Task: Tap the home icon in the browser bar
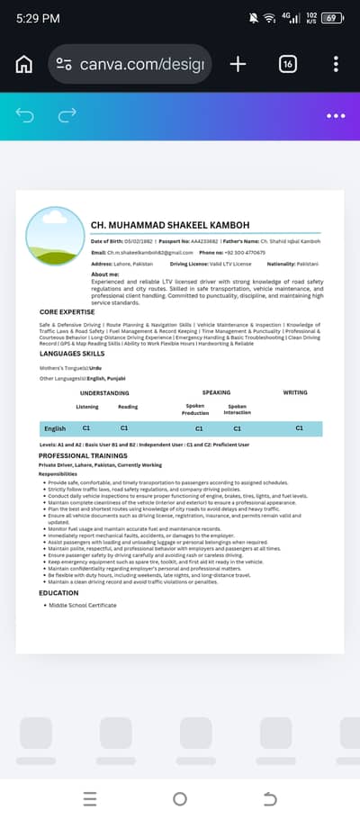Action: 24,64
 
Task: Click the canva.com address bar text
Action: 142,64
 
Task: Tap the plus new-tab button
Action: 238,64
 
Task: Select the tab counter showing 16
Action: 288,64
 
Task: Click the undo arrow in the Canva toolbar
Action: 25,115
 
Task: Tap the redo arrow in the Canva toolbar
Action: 67,115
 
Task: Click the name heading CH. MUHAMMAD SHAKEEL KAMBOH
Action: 170,224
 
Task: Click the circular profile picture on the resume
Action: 56,237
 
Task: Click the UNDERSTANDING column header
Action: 104,392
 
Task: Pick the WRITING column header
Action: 295,392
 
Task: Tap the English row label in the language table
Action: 55,428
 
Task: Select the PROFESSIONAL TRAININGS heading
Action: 82,455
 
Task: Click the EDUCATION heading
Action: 58,593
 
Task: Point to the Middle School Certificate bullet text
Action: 82,605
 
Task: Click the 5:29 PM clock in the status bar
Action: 38,18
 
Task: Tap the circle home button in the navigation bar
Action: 180,798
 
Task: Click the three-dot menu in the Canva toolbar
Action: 336,115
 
